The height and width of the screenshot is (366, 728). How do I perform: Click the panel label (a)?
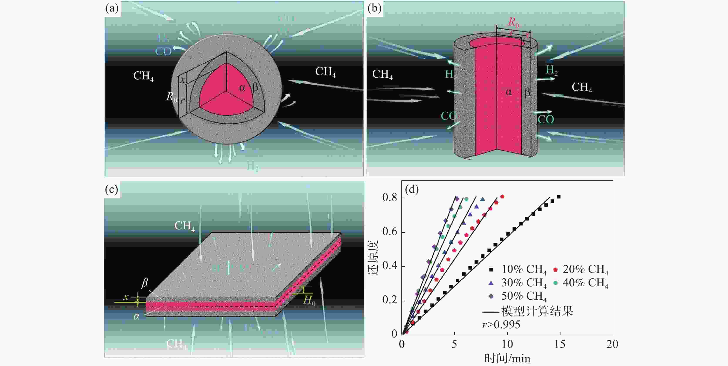click(112, 8)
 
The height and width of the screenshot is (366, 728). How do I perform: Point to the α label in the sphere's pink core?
click(242, 88)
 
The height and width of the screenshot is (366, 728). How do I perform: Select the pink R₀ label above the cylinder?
click(513, 22)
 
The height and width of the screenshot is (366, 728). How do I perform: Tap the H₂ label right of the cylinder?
click(551, 70)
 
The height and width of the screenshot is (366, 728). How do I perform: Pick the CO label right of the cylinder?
click(546, 119)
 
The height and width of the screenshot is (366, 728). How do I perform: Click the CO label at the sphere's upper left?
click(163, 51)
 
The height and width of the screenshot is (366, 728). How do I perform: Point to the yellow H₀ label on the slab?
click(309, 300)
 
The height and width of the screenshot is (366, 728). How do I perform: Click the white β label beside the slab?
click(144, 283)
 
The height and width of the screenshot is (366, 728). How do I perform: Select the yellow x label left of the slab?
click(126, 297)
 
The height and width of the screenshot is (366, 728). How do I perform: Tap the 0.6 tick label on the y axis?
click(390, 232)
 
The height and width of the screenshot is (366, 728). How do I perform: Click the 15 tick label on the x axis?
click(560, 344)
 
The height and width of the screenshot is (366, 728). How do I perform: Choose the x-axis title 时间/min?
click(507, 358)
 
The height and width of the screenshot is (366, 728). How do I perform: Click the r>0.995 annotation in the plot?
click(501, 325)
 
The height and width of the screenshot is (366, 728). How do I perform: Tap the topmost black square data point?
click(559, 197)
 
